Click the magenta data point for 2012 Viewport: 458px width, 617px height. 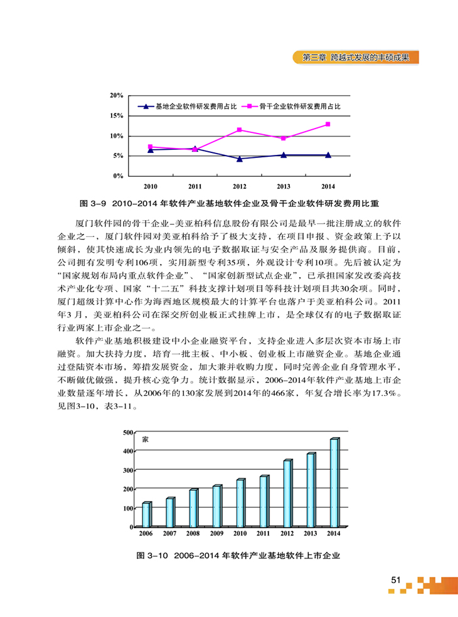click(240, 130)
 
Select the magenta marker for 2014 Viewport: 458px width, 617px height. click(328, 124)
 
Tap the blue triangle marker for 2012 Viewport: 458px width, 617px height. click(240, 159)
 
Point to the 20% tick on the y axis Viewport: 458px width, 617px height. click(116, 95)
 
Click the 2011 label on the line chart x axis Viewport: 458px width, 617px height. click(195, 187)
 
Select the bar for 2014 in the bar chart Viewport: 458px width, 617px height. click(334, 482)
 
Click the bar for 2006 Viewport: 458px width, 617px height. click(146, 514)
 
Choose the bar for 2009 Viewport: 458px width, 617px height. click(216, 506)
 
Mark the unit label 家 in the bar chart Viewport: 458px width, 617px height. click(146, 440)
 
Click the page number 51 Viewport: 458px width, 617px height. click(395, 579)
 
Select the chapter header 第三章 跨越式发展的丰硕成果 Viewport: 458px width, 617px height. click(356, 57)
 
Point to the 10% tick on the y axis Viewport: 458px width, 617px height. click(116, 136)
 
